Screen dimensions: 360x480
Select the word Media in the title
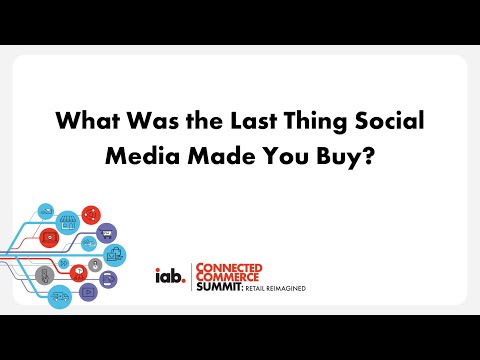tap(176, 157)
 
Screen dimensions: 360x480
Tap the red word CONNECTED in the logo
tap(231, 266)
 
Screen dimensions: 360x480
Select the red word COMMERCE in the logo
tap(227, 277)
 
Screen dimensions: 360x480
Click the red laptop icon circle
tap(48, 237)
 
